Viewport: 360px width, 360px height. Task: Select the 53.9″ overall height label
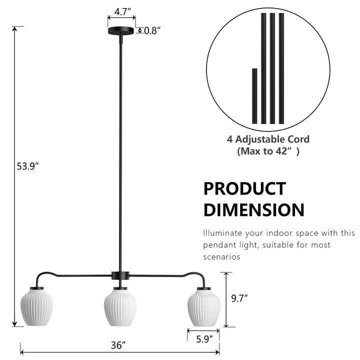[x=27, y=167]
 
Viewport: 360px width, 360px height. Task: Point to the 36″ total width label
[x=118, y=345]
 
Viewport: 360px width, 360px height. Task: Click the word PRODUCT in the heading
[x=244, y=189]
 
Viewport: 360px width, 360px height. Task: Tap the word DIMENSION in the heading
[x=253, y=210]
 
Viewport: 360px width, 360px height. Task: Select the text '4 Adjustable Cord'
[x=268, y=139]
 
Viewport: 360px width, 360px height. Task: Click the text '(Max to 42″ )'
[x=268, y=151]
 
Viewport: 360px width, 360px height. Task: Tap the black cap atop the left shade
[x=35, y=289]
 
